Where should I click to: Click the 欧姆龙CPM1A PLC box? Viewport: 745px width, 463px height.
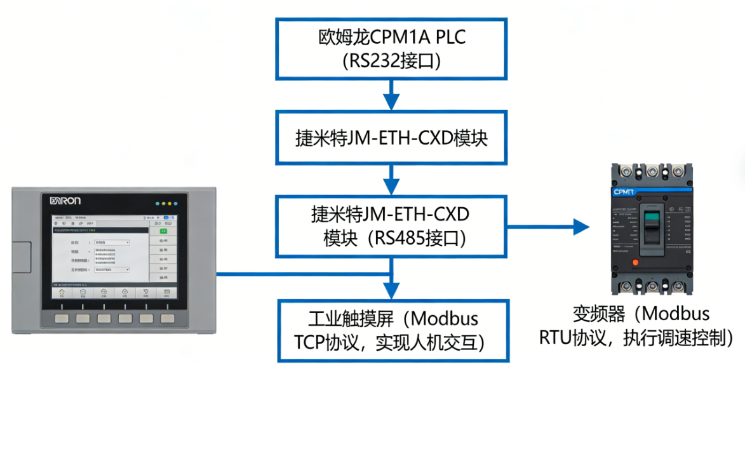391,49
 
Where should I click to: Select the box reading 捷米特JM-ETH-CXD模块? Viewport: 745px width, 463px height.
391,138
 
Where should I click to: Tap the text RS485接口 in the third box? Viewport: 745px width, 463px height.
412,238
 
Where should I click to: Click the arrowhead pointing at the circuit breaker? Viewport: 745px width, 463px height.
581,227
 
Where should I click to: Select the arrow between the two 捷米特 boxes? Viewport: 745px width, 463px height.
391,181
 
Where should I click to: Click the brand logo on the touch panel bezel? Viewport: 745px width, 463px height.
65,201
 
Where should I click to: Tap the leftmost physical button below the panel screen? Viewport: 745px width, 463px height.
62,319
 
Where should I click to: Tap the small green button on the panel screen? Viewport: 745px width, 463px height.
163,231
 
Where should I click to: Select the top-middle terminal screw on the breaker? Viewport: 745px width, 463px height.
651,171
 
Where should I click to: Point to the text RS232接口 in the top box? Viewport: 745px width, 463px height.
391,62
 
